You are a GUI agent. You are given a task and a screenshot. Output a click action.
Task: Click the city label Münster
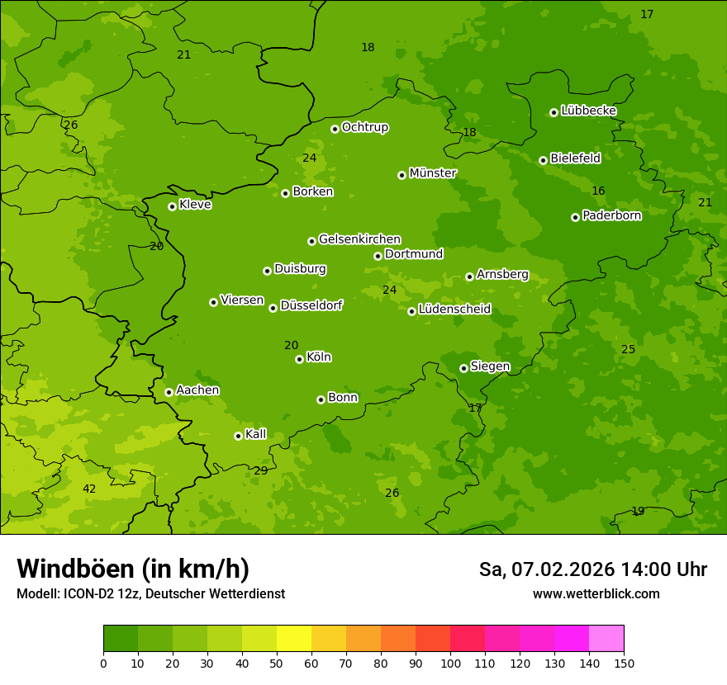point(433,173)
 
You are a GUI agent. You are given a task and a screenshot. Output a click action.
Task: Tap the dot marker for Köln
point(299,359)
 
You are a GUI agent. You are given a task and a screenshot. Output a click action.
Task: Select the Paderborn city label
point(611,215)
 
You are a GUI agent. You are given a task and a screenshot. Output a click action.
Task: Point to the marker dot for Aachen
point(169,392)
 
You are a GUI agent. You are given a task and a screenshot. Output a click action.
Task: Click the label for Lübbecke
point(588,111)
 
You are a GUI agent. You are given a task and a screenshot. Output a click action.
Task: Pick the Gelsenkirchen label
point(359,239)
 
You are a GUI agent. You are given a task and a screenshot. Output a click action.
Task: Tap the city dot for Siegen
point(463,368)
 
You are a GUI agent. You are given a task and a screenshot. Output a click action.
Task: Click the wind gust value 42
point(89,489)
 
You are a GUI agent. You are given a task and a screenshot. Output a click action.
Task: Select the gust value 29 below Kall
point(260,470)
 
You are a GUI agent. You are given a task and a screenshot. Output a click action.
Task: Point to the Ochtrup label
point(364,127)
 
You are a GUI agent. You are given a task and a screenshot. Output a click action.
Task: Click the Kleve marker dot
point(172,206)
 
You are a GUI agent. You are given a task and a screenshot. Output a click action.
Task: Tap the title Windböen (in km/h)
point(133,569)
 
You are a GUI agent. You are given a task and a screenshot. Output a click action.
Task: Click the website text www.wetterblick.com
point(596,594)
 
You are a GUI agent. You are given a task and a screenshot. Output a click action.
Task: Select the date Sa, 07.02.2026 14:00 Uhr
point(592,569)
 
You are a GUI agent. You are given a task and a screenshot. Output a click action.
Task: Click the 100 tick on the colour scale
point(450,663)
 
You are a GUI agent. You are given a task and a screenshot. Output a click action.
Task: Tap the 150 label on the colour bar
point(624,663)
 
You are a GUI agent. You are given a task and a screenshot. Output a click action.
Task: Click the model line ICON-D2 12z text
point(150,594)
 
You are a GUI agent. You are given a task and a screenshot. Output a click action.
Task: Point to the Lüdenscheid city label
point(454,309)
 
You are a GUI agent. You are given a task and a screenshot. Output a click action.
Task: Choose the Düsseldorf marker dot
point(273,308)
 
